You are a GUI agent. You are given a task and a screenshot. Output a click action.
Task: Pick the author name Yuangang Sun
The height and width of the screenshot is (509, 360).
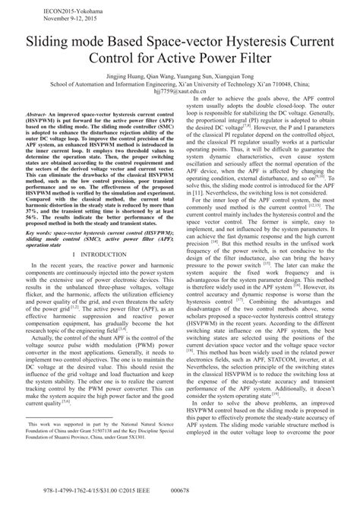tap(191, 77)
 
